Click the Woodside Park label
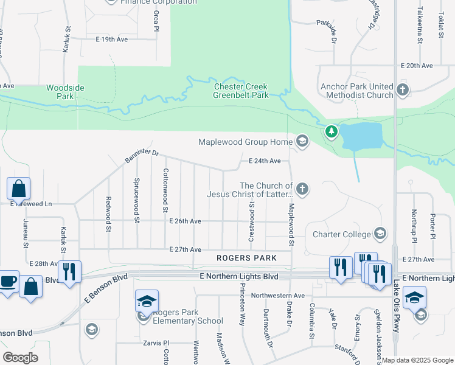pyautogui.click(x=65, y=92)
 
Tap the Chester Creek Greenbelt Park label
pyautogui.click(x=241, y=91)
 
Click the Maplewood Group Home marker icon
pyautogui.click(x=301, y=142)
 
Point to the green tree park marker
pyautogui.click(x=331, y=131)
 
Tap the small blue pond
pyautogui.click(x=362, y=136)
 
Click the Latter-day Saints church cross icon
pyautogui.click(x=302, y=190)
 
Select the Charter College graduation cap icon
pyautogui.click(x=380, y=234)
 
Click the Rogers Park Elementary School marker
pyautogui.click(x=146, y=302)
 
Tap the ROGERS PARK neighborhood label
pyautogui.click(x=246, y=258)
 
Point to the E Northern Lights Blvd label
pyautogui.click(x=238, y=276)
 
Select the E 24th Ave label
pyautogui.click(x=265, y=161)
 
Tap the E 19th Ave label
pyautogui.click(x=112, y=39)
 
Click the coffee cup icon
pyautogui.click(x=7, y=282)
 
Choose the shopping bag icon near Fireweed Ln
pyautogui.click(x=18, y=189)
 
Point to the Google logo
pyautogui.click(x=21, y=358)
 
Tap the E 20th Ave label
pyautogui.click(x=416, y=66)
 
